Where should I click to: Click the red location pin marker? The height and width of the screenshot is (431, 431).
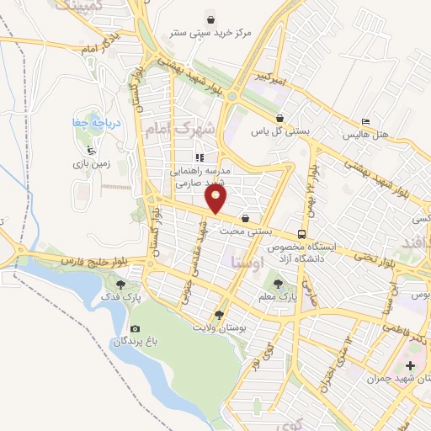coord(217,199)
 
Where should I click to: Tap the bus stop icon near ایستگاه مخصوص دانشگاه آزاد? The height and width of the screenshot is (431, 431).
coord(301,234)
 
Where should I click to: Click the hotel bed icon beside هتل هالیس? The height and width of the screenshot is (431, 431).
coord(364,121)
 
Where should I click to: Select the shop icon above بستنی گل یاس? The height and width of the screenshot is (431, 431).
coord(279,118)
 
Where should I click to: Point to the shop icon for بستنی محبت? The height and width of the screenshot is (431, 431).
coord(245,218)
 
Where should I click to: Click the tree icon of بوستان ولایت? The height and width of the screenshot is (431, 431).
coord(219,314)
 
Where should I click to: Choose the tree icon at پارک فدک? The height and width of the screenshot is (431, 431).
coord(123,285)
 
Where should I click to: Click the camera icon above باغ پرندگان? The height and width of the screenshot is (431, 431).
coord(135,328)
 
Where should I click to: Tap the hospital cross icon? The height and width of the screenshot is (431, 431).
coord(411,365)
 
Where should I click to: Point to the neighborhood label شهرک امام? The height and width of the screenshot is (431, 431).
coord(181,130)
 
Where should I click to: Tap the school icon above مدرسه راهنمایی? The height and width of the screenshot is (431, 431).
coord(199,157)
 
